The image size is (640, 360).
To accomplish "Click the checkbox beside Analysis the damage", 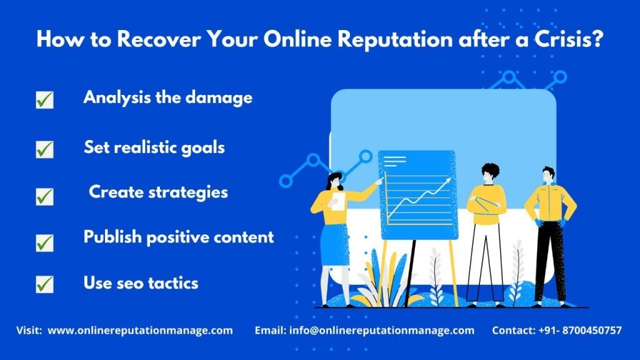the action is coord(44,99).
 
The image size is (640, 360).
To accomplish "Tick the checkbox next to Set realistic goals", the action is coord(44,149).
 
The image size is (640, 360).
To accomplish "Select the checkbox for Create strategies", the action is coord(44,196).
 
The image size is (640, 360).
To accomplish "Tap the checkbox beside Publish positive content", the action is coord(44,243).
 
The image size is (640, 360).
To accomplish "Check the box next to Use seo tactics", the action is coord(44,284).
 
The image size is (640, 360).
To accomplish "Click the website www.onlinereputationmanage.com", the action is coord(140,330).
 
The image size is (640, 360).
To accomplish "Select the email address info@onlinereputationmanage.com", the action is coord(382,330).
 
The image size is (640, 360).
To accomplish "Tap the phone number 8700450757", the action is coord(592,330).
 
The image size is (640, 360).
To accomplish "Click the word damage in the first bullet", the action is coord(219,98).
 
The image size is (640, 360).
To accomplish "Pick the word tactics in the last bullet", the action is coord(173,283).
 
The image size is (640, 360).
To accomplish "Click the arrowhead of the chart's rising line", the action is coord(447,181).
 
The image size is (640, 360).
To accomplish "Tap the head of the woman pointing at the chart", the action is coord(335,181).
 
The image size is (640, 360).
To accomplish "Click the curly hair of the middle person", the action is coord(490,169).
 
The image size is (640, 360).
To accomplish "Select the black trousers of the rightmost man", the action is coord(551,261).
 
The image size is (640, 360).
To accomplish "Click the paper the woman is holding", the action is coord(338,201).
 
